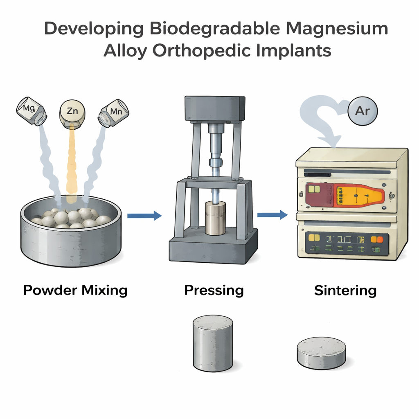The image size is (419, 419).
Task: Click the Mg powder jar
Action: pos(31,109)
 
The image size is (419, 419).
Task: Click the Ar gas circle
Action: pos(362,111)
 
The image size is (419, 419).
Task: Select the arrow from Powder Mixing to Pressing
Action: pos(144,216)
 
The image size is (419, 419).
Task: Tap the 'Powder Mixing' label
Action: pos(75,291)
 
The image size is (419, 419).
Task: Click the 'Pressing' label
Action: pos(214,291)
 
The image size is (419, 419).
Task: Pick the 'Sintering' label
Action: pos(345,291)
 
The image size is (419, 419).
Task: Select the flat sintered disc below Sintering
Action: pos(321,351)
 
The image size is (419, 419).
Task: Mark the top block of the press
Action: pos(215,108)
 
